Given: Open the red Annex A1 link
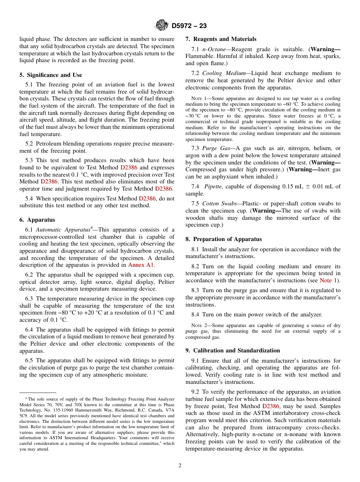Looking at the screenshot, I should (141, 264).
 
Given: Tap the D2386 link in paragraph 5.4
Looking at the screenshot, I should (147, 198).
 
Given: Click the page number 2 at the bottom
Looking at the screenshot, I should (180, 466).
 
